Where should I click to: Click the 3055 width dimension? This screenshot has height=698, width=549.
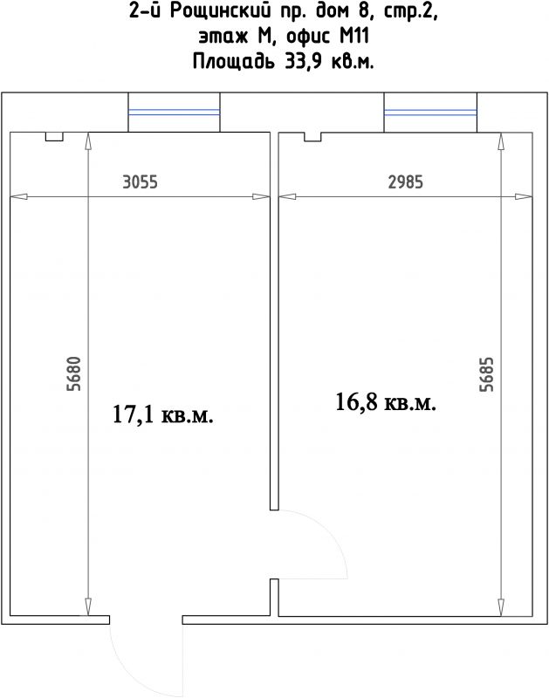point(140,182)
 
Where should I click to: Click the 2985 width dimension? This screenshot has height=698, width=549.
point(405,182)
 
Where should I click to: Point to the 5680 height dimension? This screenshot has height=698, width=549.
point(74,374)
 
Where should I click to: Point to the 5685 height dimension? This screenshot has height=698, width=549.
point(486,374)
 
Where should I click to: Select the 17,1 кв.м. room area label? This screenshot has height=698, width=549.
point(163,414)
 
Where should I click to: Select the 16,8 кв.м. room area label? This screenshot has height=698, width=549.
point(386,401)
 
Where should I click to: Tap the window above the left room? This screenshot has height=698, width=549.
point(174,113)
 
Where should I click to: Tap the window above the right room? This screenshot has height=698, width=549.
point(430,113)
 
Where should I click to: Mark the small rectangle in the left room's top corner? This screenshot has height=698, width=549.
point(54,137)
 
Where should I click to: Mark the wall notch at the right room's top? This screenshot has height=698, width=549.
point(312,137)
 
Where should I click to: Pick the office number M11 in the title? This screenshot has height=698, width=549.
point(354,37)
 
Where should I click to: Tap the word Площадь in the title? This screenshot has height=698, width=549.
point(234,62)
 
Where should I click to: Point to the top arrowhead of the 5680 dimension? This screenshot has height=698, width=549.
point(88,140)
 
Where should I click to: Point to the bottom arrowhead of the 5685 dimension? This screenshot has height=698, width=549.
point(500,608)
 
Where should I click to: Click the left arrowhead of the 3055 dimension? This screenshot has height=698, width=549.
point(18,197)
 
